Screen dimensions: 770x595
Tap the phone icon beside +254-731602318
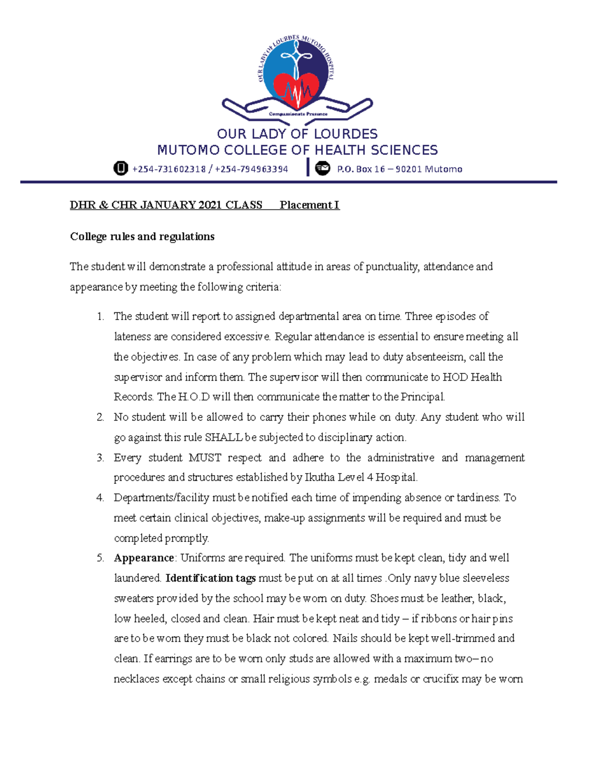[120, 169]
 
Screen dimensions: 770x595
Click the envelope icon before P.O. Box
[323, 169]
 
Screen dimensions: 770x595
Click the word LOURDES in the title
[346, 134]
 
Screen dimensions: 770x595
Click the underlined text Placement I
[309, 205]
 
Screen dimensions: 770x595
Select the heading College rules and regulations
[142, 237]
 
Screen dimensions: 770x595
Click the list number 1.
[100, 316]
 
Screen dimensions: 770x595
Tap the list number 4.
[100, 497]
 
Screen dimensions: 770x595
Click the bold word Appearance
[144, 558]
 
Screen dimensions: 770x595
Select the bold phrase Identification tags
[211, 578]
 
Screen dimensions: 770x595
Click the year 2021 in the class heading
[210, 205]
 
